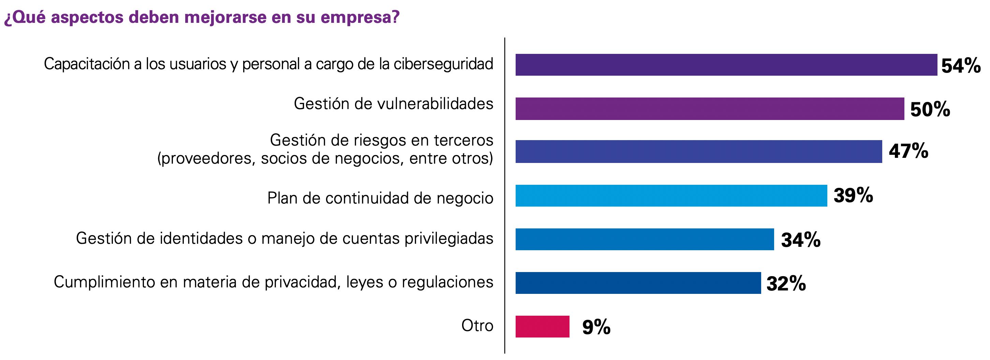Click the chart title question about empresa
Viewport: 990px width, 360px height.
(202, 18)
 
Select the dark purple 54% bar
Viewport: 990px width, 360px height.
(726, 65)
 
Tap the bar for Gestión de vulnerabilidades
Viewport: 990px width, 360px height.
(709, 109)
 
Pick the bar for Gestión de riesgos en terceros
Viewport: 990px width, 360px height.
(698, 152)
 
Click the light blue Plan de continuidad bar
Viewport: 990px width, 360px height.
(671, 196)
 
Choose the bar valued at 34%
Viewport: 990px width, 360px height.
(645, 239)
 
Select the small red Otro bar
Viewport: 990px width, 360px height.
(542, 327)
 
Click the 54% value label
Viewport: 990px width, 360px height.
(961, 66)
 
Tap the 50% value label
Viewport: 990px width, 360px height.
(930, 109)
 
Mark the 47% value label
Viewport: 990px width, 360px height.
(908, 151)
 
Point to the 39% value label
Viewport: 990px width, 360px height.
(853, 195)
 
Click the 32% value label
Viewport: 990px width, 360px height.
(786, 284)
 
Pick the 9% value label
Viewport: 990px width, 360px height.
(596, 327)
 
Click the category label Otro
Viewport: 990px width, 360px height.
(477, 326)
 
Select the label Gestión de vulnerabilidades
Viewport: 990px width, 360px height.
(393, 104)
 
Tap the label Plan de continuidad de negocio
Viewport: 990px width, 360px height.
(380, 198)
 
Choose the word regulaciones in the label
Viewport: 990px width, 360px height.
(447, 282)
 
